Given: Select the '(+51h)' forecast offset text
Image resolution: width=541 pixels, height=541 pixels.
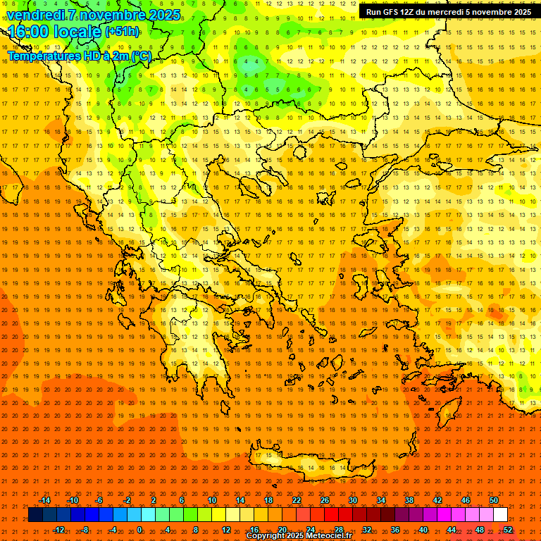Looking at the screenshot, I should (122, 32).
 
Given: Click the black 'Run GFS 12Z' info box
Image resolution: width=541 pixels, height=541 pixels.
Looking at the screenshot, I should (449, 12).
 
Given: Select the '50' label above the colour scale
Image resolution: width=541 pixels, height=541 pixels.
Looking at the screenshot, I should (494, 500).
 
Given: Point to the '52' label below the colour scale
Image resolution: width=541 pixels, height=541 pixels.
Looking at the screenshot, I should (508, 530).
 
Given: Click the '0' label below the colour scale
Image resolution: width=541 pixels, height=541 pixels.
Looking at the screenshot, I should (139, 530).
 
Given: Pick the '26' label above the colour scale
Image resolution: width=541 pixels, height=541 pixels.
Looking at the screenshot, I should (325, 500).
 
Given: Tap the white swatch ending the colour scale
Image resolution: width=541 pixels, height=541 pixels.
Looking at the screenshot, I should (501, 515).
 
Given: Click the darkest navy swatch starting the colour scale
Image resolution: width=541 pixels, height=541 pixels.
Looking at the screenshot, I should (35, 515).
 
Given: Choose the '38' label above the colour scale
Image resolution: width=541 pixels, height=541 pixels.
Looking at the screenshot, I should (409, 500).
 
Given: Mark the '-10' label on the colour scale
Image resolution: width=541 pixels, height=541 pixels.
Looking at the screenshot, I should (72, 500).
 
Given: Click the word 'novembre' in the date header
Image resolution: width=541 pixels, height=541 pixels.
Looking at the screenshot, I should (111, 15).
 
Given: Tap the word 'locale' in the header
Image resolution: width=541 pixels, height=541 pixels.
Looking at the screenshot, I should (78, 32).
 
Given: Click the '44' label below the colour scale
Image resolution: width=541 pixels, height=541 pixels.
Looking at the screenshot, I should (452, 530).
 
